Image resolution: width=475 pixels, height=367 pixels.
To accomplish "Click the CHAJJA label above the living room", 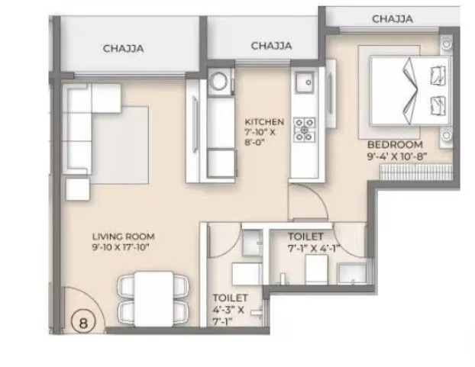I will click(124, 49).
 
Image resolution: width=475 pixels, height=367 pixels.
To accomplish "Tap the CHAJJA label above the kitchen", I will click(271, 46).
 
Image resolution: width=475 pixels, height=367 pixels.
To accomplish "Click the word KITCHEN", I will click(264, 121).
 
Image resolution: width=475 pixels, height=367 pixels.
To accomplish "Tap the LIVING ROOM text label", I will click(117, 237).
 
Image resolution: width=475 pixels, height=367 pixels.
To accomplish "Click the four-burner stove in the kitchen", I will click(305, 127).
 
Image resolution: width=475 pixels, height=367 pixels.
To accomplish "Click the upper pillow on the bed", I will click(438, 74).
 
